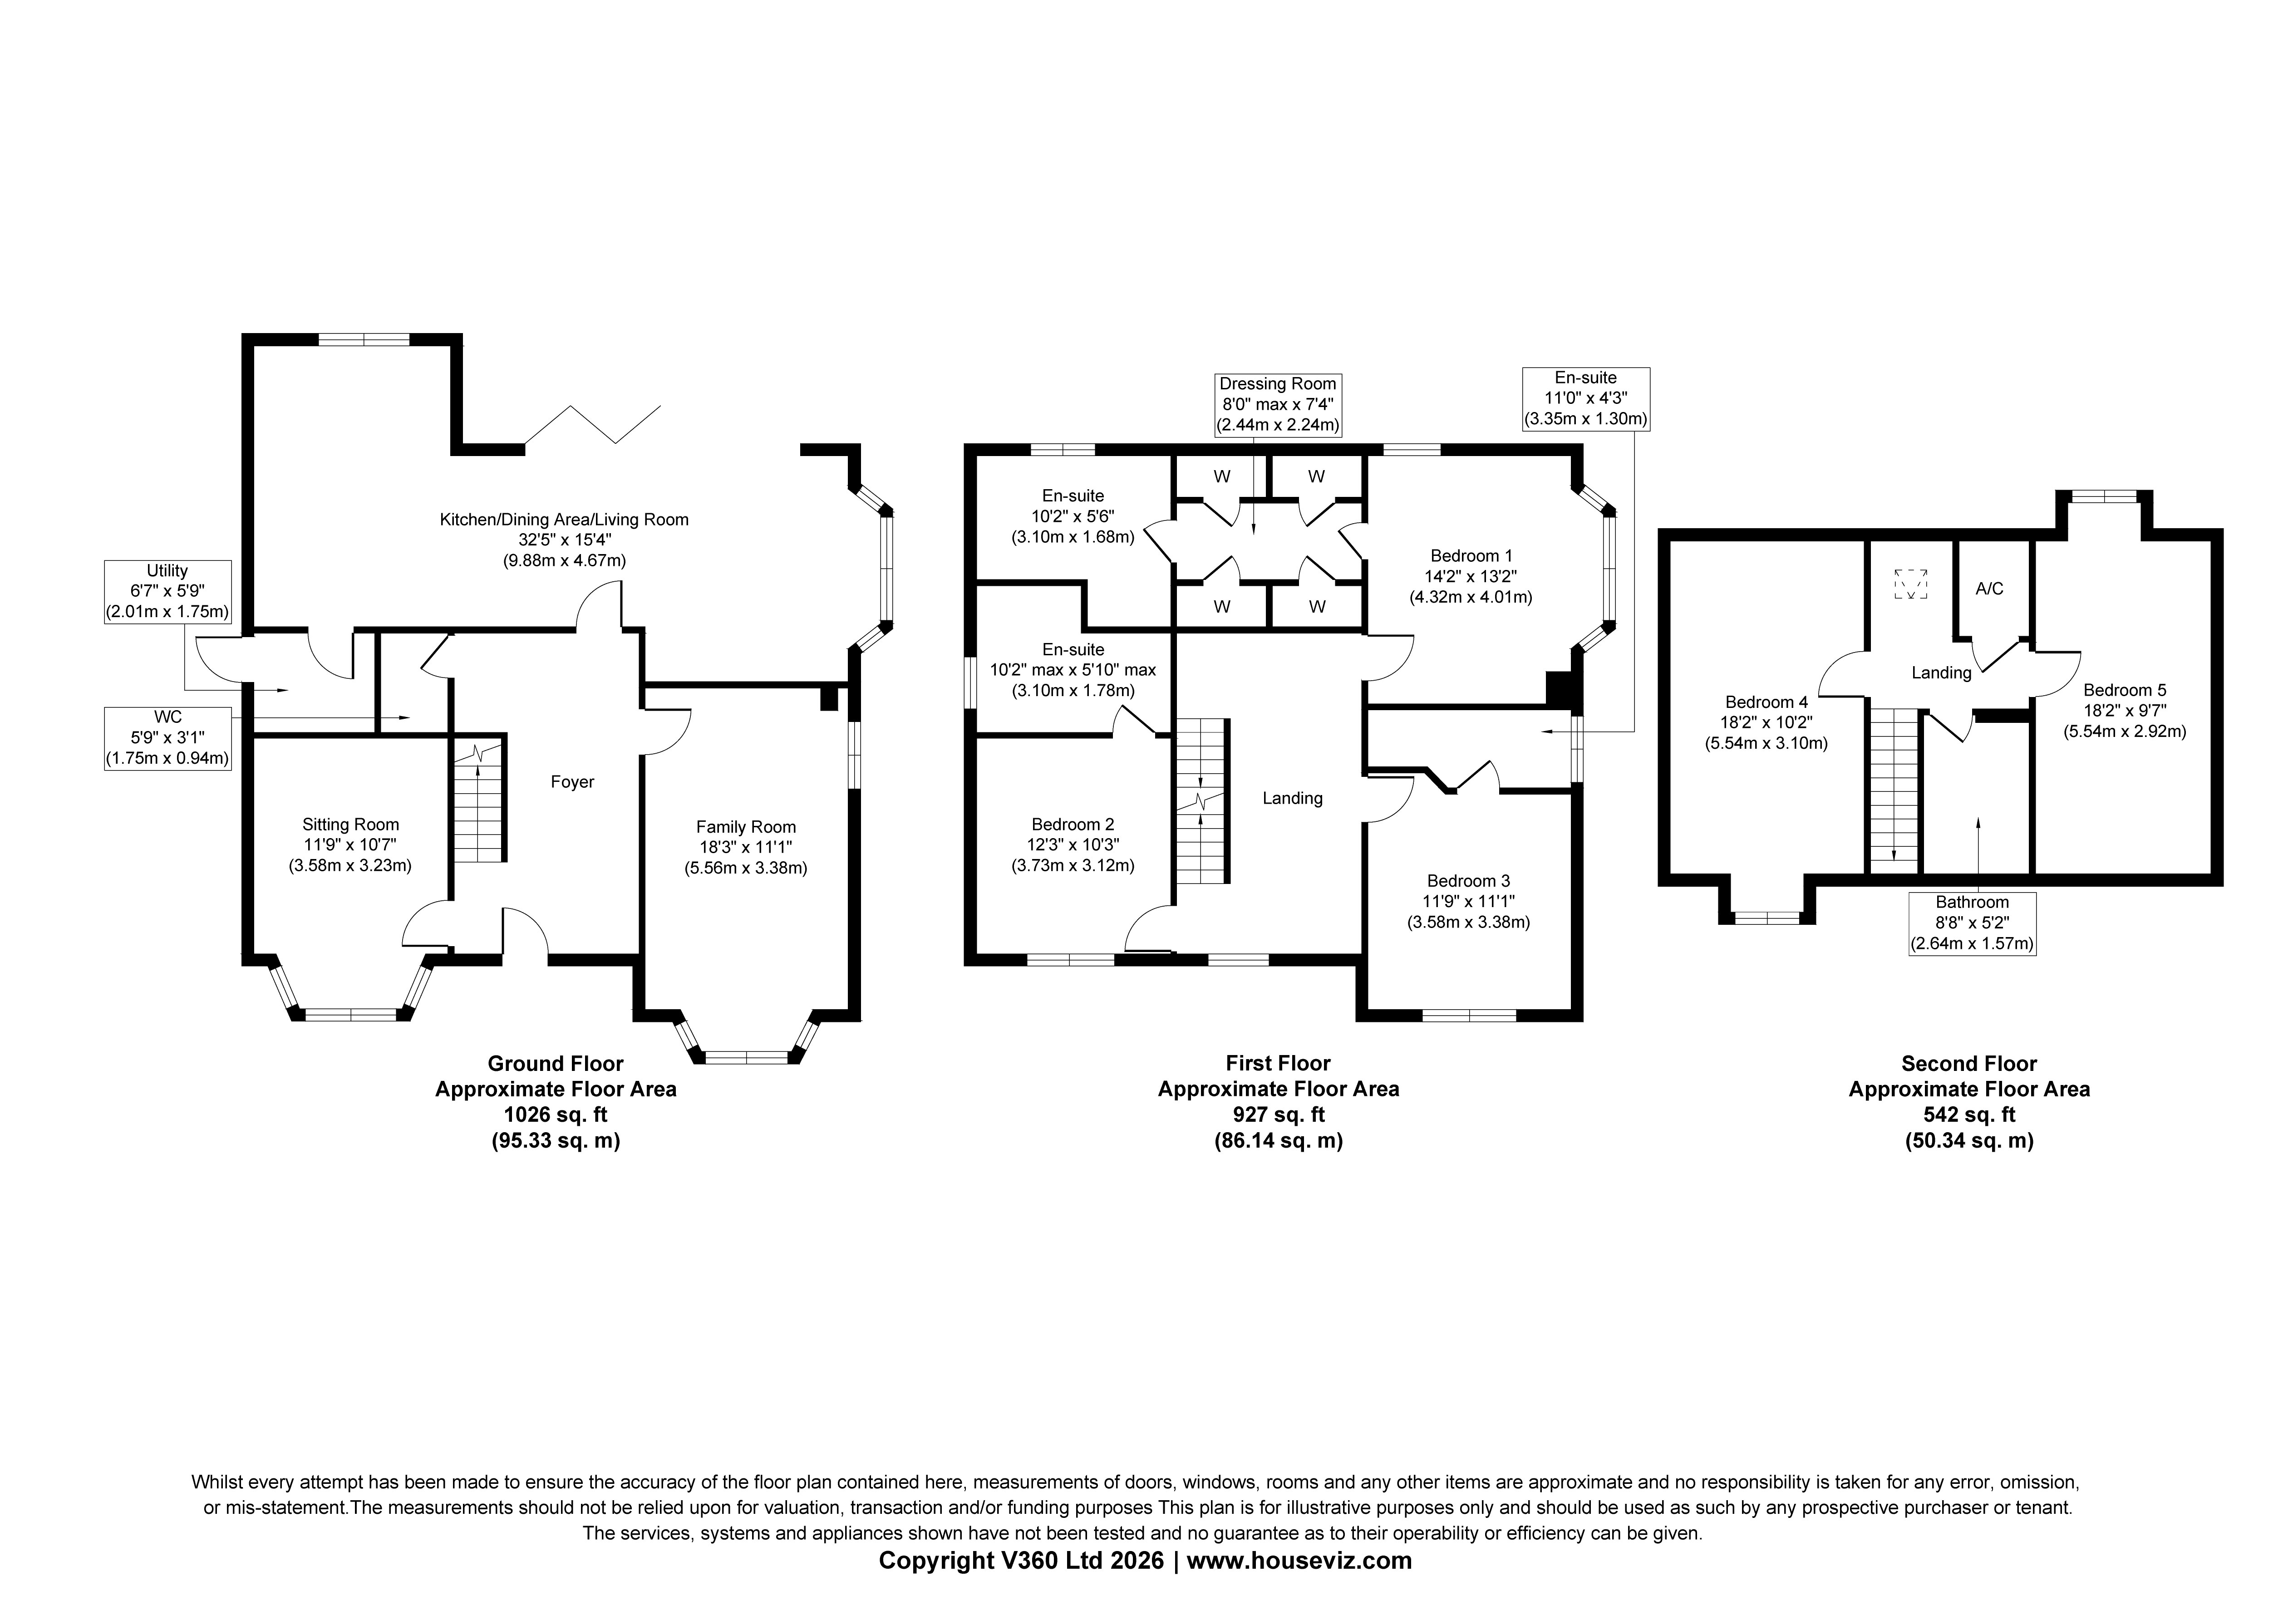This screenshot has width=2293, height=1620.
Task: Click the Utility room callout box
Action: (x=168, y=592)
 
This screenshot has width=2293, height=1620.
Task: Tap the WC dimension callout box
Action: (x=168, y=738)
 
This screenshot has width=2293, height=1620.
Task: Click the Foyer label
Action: (x=572, y=782)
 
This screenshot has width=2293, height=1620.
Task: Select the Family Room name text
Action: (x=746, y=827)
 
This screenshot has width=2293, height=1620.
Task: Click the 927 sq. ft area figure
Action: (x=1278, y=1114)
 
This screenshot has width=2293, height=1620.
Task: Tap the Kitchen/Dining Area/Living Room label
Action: (x=564, y=520)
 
